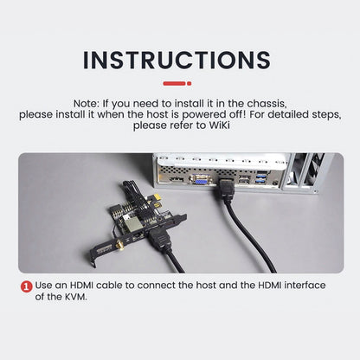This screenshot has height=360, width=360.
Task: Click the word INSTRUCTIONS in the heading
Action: [x=177, y=60]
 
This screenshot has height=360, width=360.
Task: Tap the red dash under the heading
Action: [x=177, y=83]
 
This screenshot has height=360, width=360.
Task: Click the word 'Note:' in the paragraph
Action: [x=87, y=103]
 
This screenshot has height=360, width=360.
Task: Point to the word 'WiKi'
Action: [x=219, y=125]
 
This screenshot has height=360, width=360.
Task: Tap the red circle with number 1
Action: [x=26, y=286]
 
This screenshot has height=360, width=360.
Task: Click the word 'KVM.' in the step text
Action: [x=76, y=297]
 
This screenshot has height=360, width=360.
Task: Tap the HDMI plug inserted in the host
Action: [x=228, y=189]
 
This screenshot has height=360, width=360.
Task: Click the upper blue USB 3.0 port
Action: [x=260, y=176]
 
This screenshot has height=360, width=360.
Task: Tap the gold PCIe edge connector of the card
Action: [x=157, y=201]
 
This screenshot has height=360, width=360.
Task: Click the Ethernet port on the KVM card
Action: [x=138, y=235]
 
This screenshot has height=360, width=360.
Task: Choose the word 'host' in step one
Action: [x=206, y=286]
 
